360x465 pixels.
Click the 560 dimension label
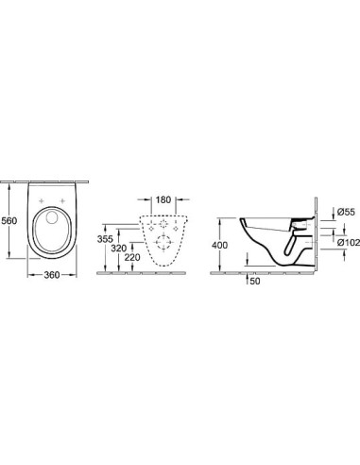9,220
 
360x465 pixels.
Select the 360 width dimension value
52,275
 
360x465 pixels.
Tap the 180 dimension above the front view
163,199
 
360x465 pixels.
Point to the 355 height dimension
105,239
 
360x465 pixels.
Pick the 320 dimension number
119,249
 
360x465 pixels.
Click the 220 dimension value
132,258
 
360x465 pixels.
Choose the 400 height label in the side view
219,245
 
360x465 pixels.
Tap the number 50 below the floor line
255,282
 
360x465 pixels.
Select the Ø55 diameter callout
346,212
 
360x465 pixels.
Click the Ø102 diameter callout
349,243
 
